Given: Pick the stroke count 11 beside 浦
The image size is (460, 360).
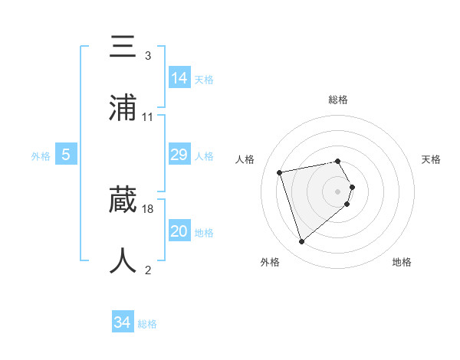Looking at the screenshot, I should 148,117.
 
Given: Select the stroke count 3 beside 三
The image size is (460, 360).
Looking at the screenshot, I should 148,56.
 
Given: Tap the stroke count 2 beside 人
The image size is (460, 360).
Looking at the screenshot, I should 148,270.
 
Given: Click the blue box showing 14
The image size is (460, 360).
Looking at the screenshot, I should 179,78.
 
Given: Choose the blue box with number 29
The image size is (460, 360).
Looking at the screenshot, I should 179,155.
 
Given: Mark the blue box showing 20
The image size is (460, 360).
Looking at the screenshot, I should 179,231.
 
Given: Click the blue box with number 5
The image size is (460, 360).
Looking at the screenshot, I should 66,155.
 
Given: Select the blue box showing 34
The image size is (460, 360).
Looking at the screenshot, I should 123,323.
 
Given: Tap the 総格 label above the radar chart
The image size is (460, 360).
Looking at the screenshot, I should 338,100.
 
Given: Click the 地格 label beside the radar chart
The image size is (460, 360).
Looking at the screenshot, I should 402,262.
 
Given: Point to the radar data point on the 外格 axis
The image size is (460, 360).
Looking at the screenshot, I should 302,242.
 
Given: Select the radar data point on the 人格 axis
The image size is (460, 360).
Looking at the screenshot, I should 280,172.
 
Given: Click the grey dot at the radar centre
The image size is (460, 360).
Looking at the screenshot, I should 338,191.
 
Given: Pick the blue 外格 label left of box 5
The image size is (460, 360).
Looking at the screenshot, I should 41,156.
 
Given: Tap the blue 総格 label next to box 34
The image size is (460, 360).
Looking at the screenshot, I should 147,324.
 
